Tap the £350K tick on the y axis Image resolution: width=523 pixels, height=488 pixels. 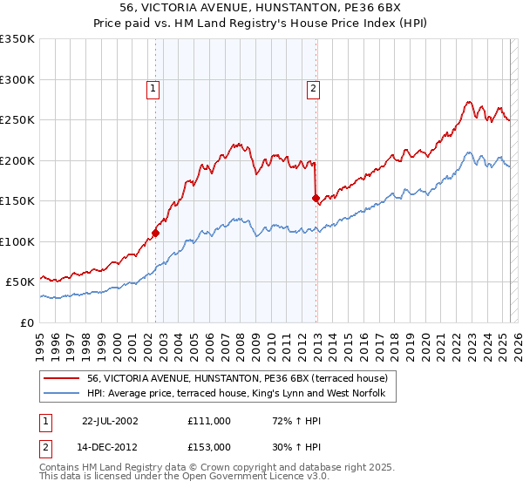(17, 39)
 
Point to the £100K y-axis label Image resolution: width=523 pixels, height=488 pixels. (17, 241)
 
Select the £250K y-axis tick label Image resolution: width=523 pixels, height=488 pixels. (17, 120)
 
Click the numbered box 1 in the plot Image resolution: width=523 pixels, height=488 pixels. (153, 87)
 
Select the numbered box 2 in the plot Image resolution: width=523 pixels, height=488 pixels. (312, 87)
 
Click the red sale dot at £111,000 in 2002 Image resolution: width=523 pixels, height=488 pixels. (156, 233)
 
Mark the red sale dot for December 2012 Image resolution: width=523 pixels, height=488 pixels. (316, 199)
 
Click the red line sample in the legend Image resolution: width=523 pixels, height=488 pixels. (61, 377)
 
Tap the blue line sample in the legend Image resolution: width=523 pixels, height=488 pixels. (61, 393)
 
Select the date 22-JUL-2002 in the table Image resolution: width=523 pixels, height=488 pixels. (110, 420)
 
